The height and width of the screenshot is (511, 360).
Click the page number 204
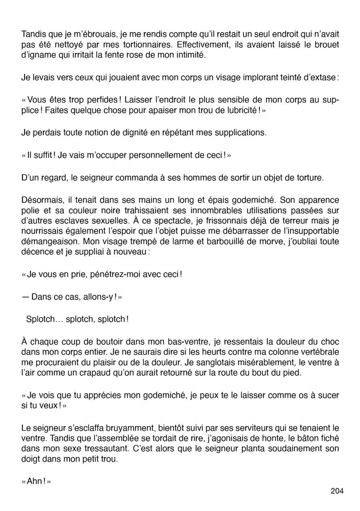click(337, 491)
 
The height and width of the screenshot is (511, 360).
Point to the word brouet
click(326, 45)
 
